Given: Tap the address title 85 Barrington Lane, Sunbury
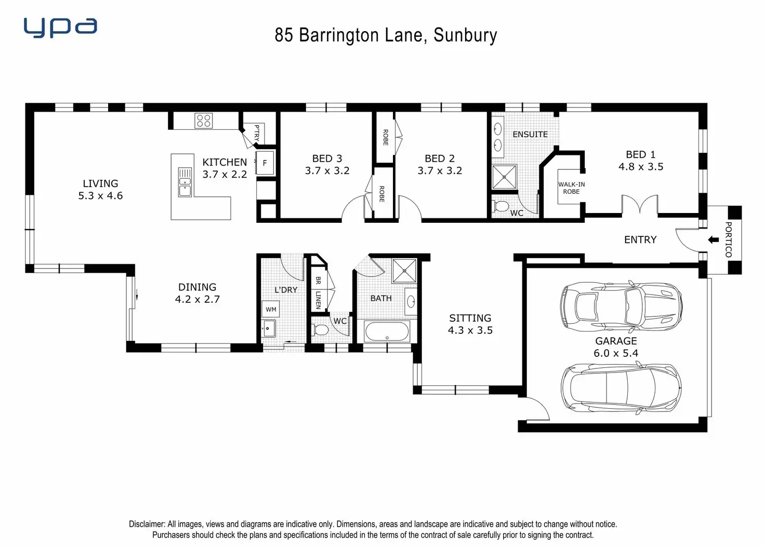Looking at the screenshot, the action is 386,35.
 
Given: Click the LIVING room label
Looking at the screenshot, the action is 100,183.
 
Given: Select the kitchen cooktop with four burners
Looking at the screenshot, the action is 203,121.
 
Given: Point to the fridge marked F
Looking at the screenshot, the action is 265,163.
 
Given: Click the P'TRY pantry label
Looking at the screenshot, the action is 257,132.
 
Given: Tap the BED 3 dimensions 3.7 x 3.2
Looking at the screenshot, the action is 327,171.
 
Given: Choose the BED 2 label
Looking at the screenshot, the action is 439,158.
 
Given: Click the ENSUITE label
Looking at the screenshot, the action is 530,135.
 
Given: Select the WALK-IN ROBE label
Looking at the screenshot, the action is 571,188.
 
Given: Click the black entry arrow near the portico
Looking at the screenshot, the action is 714,239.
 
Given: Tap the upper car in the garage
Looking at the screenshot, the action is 621,307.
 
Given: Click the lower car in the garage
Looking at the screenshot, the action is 621,388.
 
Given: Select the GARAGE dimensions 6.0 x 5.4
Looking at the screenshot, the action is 616,353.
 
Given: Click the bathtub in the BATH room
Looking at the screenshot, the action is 387,331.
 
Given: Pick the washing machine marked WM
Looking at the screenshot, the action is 271,310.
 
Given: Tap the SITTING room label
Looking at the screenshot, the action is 470,318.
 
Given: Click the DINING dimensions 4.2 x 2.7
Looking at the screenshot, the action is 197,299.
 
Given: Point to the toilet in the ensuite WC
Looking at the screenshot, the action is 501,207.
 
